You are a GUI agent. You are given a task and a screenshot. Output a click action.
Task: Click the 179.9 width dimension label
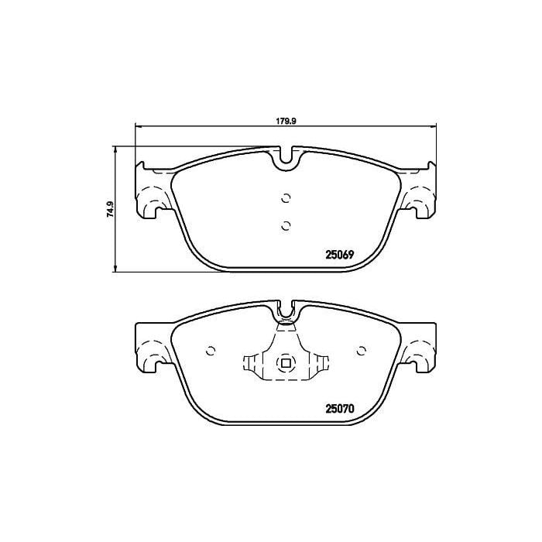click(286, 121)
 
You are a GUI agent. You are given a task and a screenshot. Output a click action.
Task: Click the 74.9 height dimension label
click(111, 209)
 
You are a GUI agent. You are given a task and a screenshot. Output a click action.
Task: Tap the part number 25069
click(340, 255)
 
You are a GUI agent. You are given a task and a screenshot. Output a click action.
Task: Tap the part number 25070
click(340, 409)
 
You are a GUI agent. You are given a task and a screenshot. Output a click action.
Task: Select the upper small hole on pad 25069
click(286, 198)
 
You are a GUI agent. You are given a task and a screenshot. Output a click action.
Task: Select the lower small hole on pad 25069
click(286, 226)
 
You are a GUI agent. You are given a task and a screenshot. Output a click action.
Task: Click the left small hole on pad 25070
click(211, 351)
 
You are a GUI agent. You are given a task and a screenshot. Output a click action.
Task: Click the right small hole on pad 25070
click(362, 351)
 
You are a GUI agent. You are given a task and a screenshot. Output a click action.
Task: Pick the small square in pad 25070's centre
click(286, 363)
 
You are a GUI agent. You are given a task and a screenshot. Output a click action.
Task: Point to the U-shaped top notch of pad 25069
click(286, 162)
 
